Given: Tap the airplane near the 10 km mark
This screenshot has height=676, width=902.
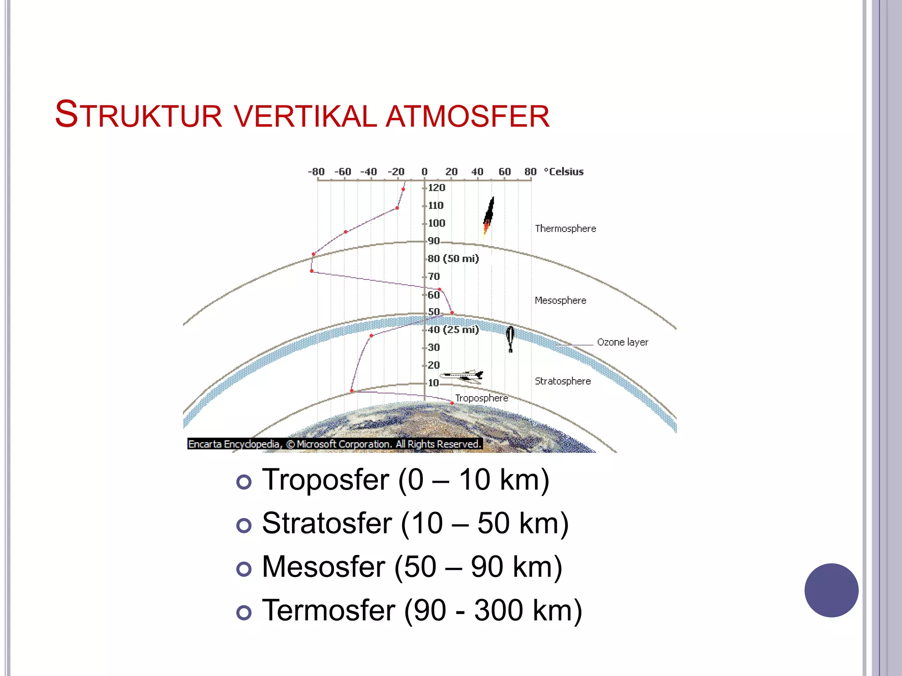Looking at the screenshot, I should coord(463,376).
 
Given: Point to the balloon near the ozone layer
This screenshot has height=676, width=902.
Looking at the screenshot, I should coord(510,338).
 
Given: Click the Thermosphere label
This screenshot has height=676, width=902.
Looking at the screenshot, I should coord(566,229).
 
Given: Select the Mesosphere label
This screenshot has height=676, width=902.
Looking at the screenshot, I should coord(560,301).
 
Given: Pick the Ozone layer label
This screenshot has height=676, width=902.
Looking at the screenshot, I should coord(622,342).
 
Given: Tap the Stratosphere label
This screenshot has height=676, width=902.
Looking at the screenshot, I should coord(562,381).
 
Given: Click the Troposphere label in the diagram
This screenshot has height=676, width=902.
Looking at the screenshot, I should coord(481,398).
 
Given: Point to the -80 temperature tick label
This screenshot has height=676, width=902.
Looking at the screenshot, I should coord(316,172).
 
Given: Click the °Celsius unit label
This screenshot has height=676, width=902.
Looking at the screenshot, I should coord(564,172).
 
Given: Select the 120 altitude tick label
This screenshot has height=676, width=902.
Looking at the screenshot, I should coord(436,188).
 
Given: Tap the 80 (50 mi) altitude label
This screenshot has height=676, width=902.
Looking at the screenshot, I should coord(453,259).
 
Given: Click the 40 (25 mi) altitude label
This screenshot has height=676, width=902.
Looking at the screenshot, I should coord(453,330).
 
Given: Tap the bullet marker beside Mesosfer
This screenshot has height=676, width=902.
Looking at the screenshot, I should coord(244,569).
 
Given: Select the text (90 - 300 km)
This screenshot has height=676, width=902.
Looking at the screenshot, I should coord(493,610).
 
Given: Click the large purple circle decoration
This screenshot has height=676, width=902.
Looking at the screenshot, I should coord(831,590).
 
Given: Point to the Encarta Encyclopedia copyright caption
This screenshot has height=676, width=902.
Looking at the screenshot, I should coord(335,444).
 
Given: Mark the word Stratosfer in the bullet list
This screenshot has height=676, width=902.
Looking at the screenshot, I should coord(327,523).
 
